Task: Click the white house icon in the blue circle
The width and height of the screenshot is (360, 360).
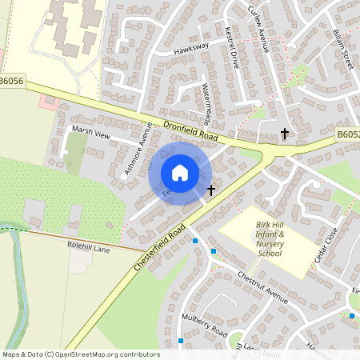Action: [x=180, y=172]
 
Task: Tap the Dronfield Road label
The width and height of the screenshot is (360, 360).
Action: [x=190, y=131]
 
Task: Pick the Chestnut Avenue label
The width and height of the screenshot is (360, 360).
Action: [x=262, y=286]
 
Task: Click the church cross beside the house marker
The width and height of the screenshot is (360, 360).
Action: [x=211, y=190]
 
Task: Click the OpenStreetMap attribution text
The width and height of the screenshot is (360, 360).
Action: [x=80, y=354]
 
